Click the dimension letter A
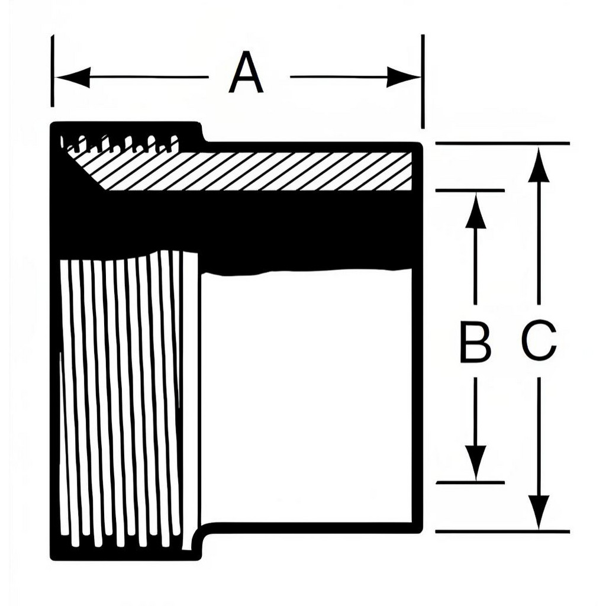click(x=246, y=73)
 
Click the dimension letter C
click(x=539, y=340)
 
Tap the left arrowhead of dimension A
click(x=73, y=77)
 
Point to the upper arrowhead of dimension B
click(x=475, y=209)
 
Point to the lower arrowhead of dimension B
click(x=475, y=463)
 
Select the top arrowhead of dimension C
click(x=539, y=163)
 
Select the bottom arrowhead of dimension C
click(x=539, y=512)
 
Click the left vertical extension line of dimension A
click(x=52, y=71)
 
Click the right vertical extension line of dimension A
click(x=423, y=81)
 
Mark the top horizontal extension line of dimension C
click(x=502, y=143)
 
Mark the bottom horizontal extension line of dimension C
click(x=502, y=532)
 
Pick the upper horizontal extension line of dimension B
click(x=470, y=190)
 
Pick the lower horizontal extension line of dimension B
click(x=470, y=483)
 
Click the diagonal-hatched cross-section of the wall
click(x=255, y=171)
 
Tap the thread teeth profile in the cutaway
click(x=120, y=143)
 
